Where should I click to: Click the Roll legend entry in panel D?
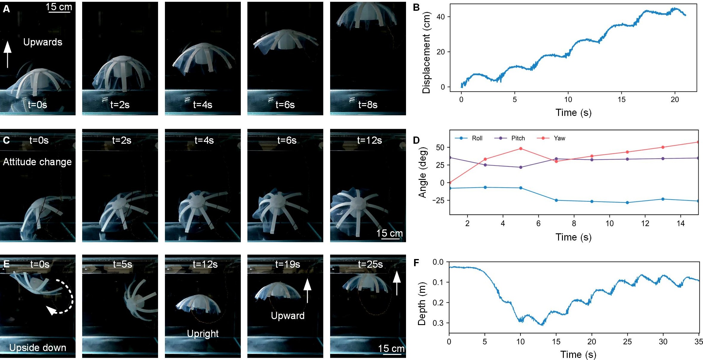tap(468, 138)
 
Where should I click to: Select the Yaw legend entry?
tap(551, 138)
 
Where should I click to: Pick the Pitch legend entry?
tap(510, 138)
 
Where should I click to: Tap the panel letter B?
tap(416, 7)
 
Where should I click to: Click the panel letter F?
tap(416, 263)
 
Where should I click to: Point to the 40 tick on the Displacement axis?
tap(441, 17)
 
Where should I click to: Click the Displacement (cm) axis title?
tap(426, 53)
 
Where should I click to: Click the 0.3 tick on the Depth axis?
tap(438, 323)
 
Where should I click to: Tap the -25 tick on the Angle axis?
tap(438, 200)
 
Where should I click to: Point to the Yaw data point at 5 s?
tap(521, 148)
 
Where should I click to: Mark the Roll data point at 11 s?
tap(627, 203)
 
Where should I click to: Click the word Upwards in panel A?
tap(43, 42)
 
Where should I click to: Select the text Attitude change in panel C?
tap(37, 162)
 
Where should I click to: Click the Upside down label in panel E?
tap(38, 347)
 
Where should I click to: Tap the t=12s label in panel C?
tap(370, 140)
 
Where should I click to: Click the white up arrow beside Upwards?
tap(7, 54)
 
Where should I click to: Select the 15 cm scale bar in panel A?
tap(60, 12)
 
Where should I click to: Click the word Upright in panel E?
tap(203, 334)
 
